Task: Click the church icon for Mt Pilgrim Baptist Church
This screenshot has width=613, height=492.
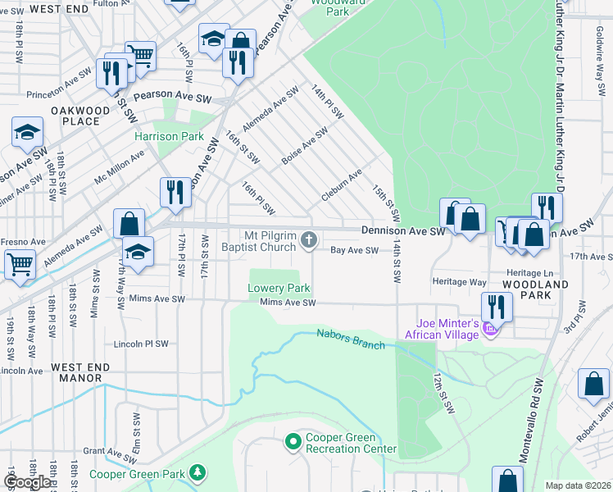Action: [x=309, y=239]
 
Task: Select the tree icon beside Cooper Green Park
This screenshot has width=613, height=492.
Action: [x=197, y=473]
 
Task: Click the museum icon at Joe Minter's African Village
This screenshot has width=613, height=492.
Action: [x=491, y=329]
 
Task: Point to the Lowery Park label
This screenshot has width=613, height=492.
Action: [x=279, y=289]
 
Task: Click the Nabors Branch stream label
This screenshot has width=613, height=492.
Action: [x=351, y=339]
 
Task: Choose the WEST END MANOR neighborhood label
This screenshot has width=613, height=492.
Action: [x=76, y=372]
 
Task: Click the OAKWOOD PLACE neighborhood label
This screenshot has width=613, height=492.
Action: [x=80, y=116]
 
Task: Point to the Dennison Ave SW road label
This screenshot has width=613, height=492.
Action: [x=403, y=232]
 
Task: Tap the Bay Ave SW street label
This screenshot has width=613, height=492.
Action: [x=354, y=251]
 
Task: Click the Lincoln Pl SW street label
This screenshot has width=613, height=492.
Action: [x=141, y=344]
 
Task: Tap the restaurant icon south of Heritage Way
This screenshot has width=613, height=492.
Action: [x=497, y=307]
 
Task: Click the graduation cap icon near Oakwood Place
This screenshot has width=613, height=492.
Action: [x=27, y=132]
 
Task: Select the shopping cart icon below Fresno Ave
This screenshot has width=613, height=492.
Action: [x=20, y=264]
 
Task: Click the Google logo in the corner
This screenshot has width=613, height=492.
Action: [x=28, y=482]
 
